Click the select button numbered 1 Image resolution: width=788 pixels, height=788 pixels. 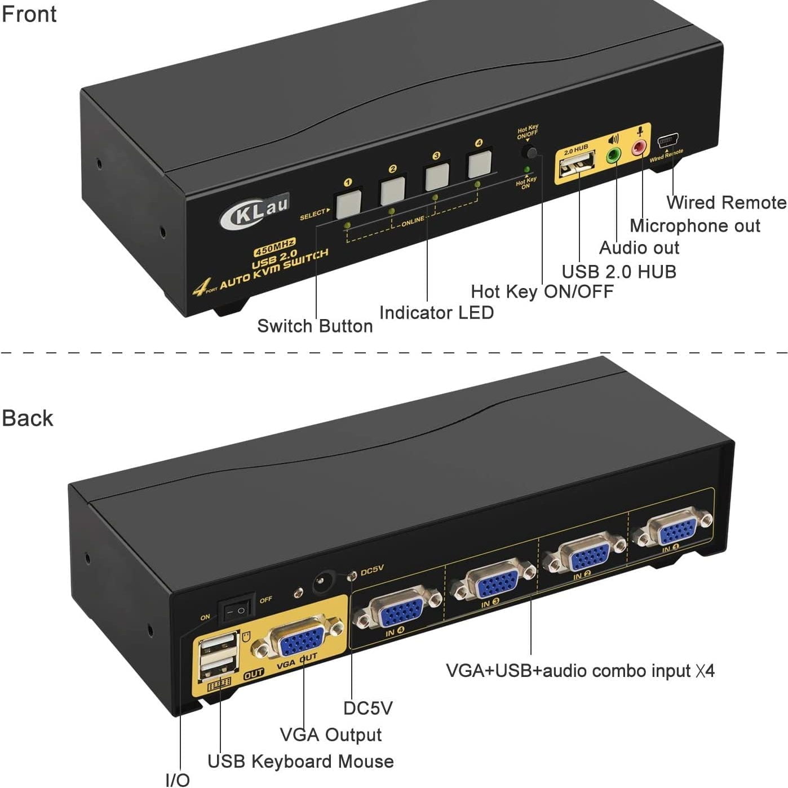pos(348,204)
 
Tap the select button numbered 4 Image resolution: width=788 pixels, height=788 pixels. pos(480,163)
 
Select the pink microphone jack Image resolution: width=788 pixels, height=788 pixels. pos(639,148)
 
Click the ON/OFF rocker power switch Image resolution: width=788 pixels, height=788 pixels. pos(236,609)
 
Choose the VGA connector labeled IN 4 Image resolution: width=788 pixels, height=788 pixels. pos(398,610)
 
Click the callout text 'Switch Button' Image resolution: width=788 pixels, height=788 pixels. pos(315,326)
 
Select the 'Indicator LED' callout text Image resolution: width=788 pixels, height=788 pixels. pos(436,312)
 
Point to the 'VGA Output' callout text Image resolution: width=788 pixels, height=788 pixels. pos(331,734)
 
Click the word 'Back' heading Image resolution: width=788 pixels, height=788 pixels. pos(27,418)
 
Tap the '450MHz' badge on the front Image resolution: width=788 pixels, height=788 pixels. pos(275,246)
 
